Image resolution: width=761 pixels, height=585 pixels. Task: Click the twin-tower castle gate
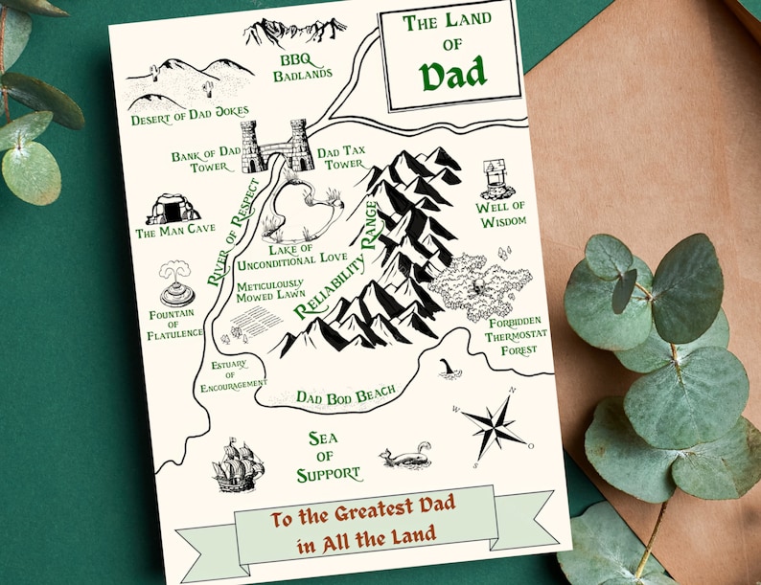tap(276, 146)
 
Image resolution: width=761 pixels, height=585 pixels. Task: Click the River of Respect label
tap(233, 233)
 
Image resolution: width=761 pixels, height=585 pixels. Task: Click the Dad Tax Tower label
tap(341, 157)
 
